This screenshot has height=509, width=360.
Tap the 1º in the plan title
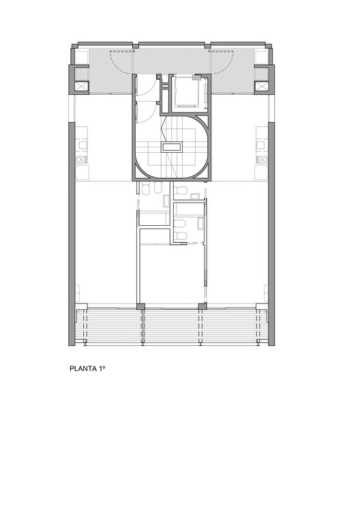point(102,373)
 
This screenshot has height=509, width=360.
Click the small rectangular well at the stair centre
point(171,147)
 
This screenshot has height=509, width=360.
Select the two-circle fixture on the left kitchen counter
point(82,160)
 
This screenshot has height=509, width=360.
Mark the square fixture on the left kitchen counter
point(82,144)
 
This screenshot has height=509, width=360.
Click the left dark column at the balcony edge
point(139,306)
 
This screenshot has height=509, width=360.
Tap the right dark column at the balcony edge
point(201,306)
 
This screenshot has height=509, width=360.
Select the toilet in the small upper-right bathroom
point(181,190)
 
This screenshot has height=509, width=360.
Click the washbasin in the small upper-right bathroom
point(194,197)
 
